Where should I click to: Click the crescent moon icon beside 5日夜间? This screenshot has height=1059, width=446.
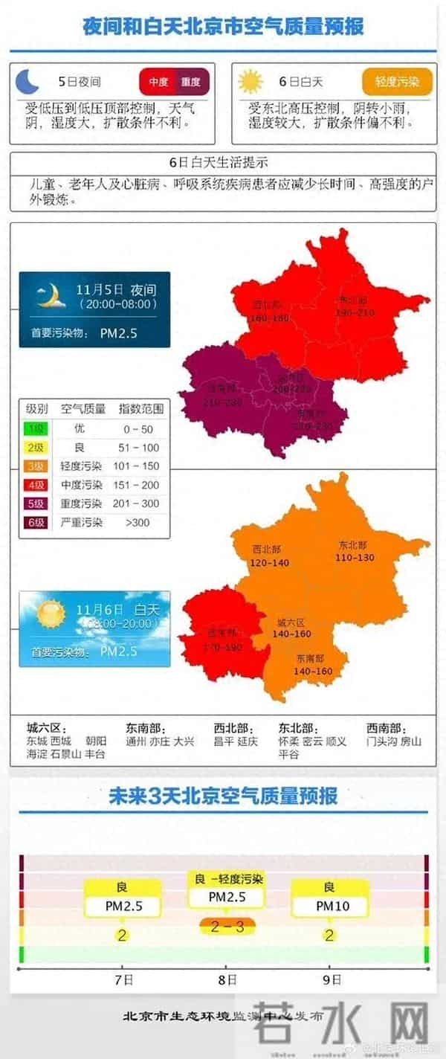click(28, 80)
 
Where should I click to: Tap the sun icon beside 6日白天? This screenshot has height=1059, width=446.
click(251, 80)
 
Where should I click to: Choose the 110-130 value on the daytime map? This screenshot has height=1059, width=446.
click(355, 558)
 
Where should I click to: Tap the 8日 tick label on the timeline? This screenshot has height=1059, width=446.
click(227, 979)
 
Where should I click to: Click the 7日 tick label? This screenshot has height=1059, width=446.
click(124, 979)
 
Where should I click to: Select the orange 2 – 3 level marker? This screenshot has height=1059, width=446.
click(227, 927)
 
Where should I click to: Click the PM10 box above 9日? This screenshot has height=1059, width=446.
click(332, 907)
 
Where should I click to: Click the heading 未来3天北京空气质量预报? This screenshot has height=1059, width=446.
click(223, 796)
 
